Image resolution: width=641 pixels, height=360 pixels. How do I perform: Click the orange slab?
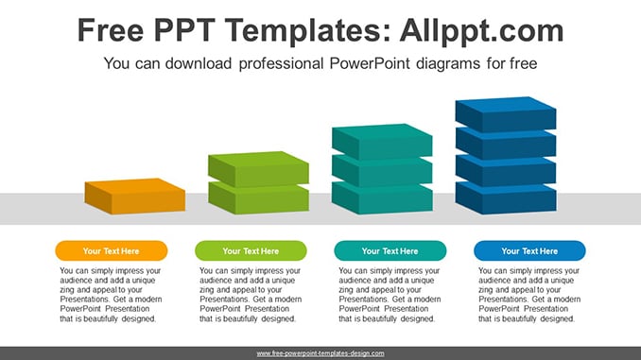point(135,197)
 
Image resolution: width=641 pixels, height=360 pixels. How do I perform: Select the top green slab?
point(258,169)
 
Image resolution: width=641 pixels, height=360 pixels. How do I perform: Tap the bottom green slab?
point(258,199)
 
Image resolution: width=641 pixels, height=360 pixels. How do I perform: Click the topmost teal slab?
point(382,142)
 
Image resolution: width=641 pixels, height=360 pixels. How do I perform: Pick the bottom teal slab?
point(382,199)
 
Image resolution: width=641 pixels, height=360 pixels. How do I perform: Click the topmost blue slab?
point(506,114)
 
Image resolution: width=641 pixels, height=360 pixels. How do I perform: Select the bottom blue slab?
point(506,199)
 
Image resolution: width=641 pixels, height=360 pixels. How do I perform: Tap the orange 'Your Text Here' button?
point(112,251)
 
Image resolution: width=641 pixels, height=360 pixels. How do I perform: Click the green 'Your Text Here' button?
point(251,251)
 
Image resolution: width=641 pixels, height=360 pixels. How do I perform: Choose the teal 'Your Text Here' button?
point(390,251)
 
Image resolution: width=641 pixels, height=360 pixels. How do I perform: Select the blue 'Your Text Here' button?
point(529,251)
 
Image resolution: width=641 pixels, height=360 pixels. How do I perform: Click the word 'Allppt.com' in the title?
point(481,30)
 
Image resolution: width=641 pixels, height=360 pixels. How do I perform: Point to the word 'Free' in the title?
point(111,30)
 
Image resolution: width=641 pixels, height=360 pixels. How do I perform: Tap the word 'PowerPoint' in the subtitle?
point(369,63)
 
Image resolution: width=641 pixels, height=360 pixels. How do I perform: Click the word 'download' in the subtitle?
point(199,63)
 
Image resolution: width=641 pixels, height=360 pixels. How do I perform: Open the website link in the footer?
point(320,353)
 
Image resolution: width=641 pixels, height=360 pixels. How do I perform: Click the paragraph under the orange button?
point(111,295)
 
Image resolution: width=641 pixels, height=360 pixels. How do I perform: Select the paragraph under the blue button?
point(529,295)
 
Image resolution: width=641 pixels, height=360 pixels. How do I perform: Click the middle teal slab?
point(382,172)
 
